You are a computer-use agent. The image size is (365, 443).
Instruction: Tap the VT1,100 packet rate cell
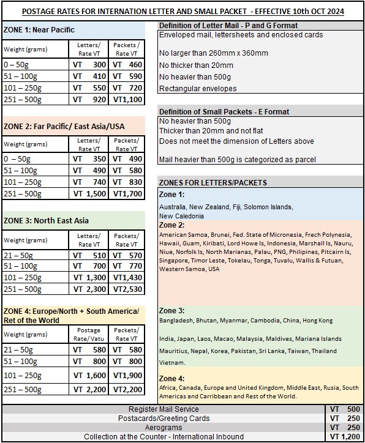coord(127,99)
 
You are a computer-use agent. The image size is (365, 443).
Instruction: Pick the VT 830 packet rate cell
coord(127,182)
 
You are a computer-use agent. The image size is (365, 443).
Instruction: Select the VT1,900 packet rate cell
coord(127,375)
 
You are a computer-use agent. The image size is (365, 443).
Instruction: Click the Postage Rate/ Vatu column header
coord(89,334)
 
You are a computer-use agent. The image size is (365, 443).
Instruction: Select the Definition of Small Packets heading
coord(224,112)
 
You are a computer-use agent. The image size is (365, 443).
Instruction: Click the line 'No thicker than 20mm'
coord(195,65)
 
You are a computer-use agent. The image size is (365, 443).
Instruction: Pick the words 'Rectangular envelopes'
coord(198,89)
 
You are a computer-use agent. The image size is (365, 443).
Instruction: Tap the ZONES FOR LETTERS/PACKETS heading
coord(212,182)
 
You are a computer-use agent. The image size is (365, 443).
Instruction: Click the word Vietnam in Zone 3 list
coord(172,362)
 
